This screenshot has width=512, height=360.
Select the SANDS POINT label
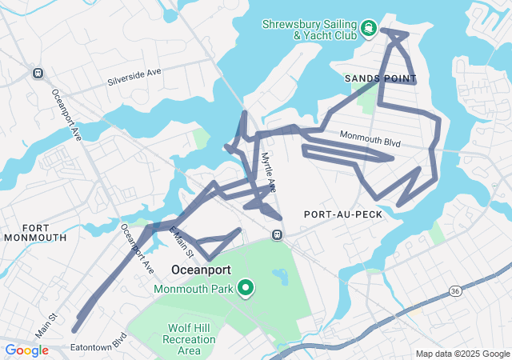click(x=381, y=78)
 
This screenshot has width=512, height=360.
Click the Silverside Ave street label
click(x=134, y=78)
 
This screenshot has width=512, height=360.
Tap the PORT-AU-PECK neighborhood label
click(x=343, y=214)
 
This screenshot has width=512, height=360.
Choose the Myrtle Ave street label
click(x=268, y=172)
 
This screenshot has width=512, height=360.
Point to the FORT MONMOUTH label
click(x=34, y=232)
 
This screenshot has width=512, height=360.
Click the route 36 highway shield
click(x=454, y=289)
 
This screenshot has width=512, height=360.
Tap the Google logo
click(x=26, y=350)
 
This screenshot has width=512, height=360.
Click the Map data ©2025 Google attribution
click(x=462, y=354)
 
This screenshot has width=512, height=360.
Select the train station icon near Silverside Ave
click(x=37, y=73)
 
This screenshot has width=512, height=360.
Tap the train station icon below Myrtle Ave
click(x=277, y=234)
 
